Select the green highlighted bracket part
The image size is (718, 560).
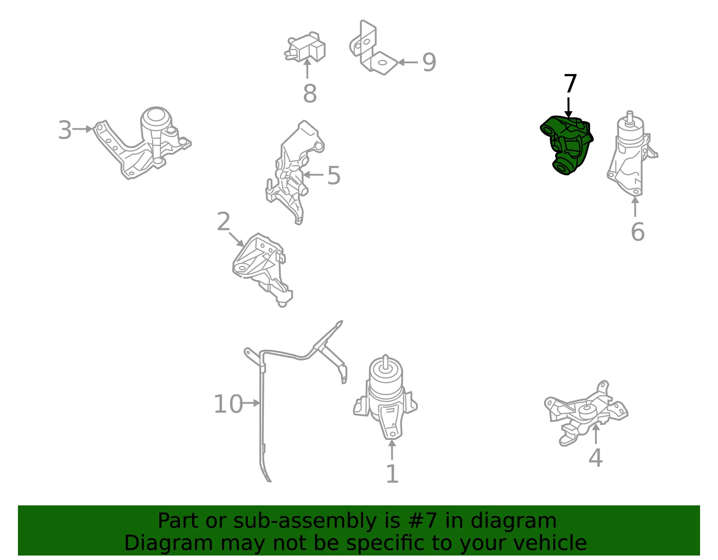(566, 145)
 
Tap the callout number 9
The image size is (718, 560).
(429, 62)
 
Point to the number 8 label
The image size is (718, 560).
(310, 93)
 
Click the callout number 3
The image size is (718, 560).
(65, 130)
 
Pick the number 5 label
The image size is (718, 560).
(334, 175)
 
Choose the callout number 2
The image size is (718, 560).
(223, 221)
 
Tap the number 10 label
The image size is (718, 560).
(228, 404)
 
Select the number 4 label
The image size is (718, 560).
(595, 458)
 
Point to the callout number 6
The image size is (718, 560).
(638, 232)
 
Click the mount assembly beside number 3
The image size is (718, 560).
(142, 143)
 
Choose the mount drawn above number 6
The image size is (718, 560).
(632, 155)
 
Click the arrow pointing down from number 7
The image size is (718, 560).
(568, 108)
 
